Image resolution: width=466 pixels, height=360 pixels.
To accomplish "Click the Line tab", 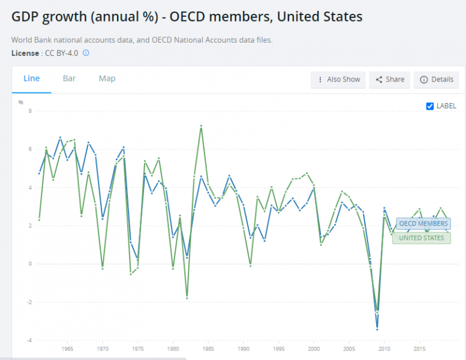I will [31, 79].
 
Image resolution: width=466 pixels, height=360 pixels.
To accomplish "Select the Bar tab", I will [69, 79].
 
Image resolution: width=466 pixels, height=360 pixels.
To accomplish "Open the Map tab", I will [107, 79].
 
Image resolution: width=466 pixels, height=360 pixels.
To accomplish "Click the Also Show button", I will [338, 80].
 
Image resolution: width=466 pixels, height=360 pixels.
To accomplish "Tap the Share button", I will [390, 80].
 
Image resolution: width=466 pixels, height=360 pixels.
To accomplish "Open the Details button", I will [437, 80].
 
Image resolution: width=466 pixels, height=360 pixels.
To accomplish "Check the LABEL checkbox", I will [429, 106].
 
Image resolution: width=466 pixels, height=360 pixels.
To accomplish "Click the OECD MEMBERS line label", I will [423, 224].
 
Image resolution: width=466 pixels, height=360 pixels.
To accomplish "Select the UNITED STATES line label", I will [421, 238].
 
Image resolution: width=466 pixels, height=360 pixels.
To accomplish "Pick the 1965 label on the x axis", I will [67, 349].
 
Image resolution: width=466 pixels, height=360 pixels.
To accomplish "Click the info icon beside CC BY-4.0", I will [86, 53].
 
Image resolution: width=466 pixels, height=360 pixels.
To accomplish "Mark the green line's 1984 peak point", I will [201, 126].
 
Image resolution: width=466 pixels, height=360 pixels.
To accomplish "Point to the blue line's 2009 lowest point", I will [377, 329].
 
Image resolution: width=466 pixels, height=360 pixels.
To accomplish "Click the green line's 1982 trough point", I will [187, 298].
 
